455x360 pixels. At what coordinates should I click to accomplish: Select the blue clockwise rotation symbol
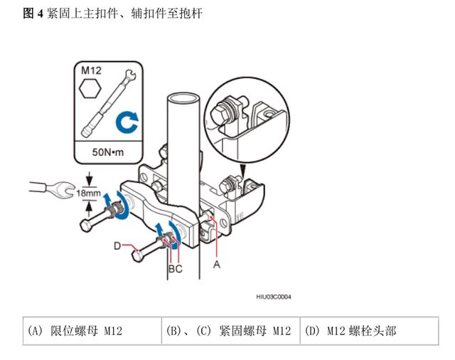(x=128, y=122)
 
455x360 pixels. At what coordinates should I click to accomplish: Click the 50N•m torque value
(x=108, y=152)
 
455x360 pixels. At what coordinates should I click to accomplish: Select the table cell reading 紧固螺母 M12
(x=228, y=331)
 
